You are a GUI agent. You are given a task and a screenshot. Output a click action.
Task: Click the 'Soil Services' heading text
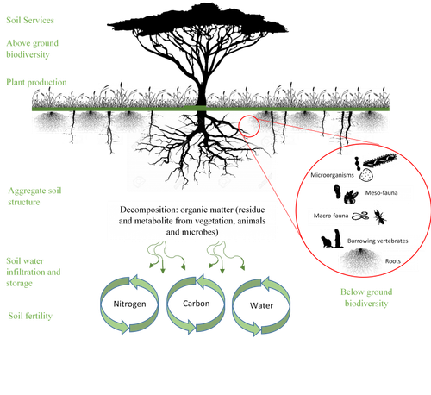click(x=30, y=20)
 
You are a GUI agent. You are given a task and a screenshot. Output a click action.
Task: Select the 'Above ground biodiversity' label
click(x=32, y=49)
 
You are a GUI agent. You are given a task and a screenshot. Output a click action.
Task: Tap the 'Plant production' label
click(x=36, y=83)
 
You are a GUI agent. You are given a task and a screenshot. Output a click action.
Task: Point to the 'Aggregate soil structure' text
click(x=34, y=197)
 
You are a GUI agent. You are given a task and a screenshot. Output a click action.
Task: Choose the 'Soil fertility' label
click(x=30, y=316)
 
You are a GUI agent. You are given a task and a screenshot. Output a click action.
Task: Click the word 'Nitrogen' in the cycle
click(x=129, y=304)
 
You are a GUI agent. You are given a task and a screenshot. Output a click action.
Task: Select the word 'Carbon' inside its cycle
click(x=197, y=304)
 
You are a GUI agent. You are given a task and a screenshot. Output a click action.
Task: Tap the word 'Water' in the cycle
click(x=261, y=305)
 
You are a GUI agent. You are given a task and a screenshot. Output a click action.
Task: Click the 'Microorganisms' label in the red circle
click(x=332, y=175)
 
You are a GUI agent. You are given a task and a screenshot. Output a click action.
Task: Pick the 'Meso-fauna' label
click(x=381, y=193)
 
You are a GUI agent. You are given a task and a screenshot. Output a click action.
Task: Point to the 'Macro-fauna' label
click(x=331, y=216)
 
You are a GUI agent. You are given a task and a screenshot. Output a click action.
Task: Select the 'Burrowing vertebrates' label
click(x=378, y=241)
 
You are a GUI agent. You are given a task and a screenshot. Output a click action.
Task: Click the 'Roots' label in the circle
click(x=393, y=261)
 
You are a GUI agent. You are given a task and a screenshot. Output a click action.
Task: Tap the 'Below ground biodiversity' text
click(x=366, y=298)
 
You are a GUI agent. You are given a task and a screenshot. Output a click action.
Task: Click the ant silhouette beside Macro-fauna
click(x=380, y=217)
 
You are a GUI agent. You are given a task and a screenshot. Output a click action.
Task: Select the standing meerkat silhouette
click(x=338, y=239)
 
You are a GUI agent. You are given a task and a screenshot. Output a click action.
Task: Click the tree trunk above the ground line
click(x=202, y=92)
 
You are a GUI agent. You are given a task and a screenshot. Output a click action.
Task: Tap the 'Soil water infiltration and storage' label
click(x=34, y=272)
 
